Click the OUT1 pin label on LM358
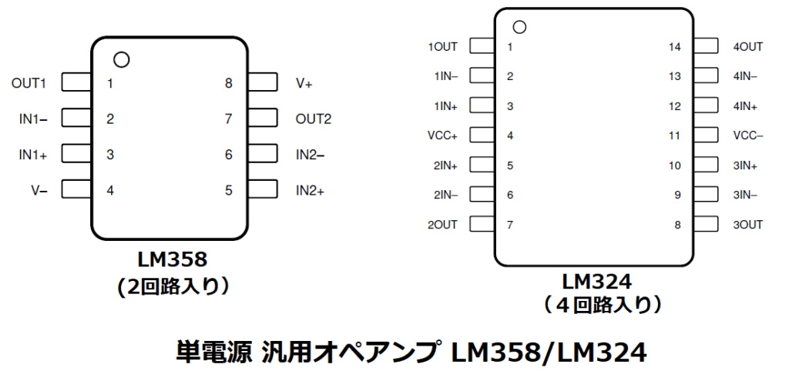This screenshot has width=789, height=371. [x=29, y=82]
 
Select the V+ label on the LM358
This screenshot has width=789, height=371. [x=304, y=82]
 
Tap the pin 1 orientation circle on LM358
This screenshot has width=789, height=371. [x=120, y=59]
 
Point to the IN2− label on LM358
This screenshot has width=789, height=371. [x=310, y=154]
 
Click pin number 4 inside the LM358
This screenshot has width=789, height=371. [x=110, y=189]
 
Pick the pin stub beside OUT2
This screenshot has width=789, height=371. [x=263, y=119]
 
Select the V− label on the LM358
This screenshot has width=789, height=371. [x=39, y=189]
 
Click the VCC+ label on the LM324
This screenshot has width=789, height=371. [x=442, y=135]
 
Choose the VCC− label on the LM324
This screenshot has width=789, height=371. [x=748, y=135]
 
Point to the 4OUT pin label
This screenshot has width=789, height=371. [x=748, y=47]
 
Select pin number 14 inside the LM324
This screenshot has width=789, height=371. [x=675, y=47]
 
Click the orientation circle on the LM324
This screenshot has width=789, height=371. [x=519, y=28]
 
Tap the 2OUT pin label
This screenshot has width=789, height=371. [x=442, y=225]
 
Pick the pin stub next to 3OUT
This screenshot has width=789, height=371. [x=705, y=225]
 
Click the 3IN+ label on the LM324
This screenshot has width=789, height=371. [x=745, y=165]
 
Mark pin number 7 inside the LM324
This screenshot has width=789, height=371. [x=510, y=225]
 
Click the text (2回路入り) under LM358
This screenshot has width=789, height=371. [x=173, y=286]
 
